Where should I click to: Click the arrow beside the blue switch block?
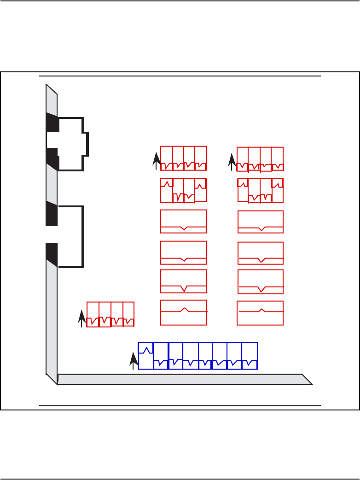coord(134,361)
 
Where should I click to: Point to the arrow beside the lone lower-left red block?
coord(82,319)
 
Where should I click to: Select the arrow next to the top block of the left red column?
coord(157,162)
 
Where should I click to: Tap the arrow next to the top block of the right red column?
coord(232,162)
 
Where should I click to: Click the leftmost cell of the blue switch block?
coord(145,356)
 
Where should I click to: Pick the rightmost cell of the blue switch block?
coord(250,356)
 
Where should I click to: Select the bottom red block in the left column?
coord(184,312)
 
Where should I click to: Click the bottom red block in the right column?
coord(260,313)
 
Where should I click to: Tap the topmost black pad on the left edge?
coord(52,123)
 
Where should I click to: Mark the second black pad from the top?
coord(52,158)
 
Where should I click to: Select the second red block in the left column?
coord(184,190)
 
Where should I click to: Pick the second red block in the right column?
coord(260,190)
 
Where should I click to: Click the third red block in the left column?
coord(184,221)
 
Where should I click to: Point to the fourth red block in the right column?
coord(261,253)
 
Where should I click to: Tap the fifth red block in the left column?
coord(184,281)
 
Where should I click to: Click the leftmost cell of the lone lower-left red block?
coord(93,315)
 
